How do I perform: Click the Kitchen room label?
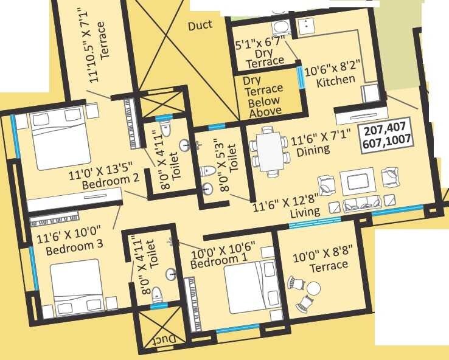(x=336, y=80)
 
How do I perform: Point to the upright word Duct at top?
(x=200, y=25)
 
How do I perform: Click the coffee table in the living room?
(x=353, y=182)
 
